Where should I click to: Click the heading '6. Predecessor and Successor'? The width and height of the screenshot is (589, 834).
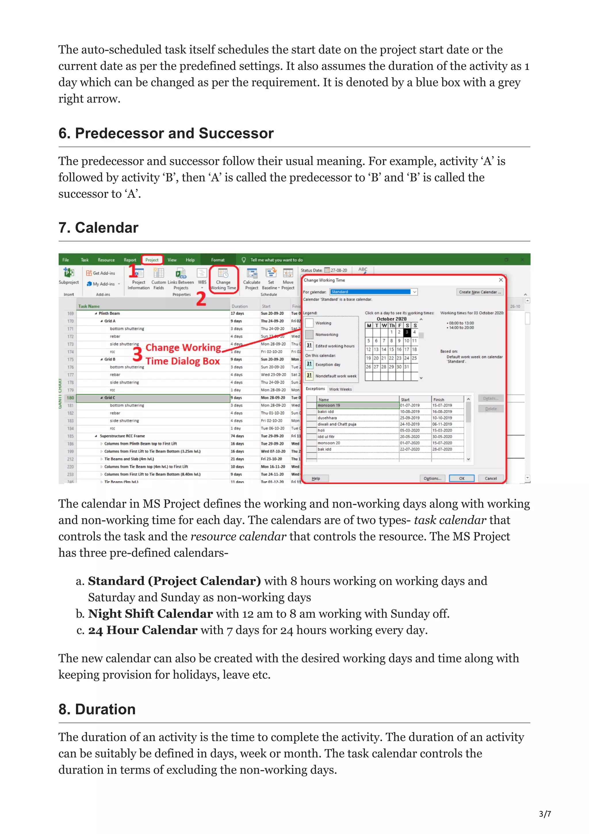coord(166,133)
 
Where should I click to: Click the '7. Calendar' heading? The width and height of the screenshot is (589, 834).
coord(98,228)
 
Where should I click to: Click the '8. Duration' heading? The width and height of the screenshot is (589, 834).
coord(97,709)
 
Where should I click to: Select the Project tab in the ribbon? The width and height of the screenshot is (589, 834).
coord(152,260)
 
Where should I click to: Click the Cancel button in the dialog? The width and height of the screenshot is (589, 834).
coord(491,478)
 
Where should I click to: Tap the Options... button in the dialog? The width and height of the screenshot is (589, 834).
coord(432,478)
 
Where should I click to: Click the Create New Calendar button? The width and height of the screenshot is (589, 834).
coord(479,292)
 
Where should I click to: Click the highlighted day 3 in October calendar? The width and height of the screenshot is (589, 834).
coord(407,332)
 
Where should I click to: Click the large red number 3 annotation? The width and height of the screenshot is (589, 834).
coord(137,354)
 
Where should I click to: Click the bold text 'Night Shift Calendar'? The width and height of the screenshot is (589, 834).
coord(150,614)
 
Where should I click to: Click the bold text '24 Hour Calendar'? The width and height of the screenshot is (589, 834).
coord(143,630)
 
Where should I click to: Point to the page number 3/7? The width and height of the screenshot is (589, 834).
coord(545,814)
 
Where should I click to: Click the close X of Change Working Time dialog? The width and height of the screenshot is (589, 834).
coord(500,280)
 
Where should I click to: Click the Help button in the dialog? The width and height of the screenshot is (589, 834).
coord(316,478)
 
